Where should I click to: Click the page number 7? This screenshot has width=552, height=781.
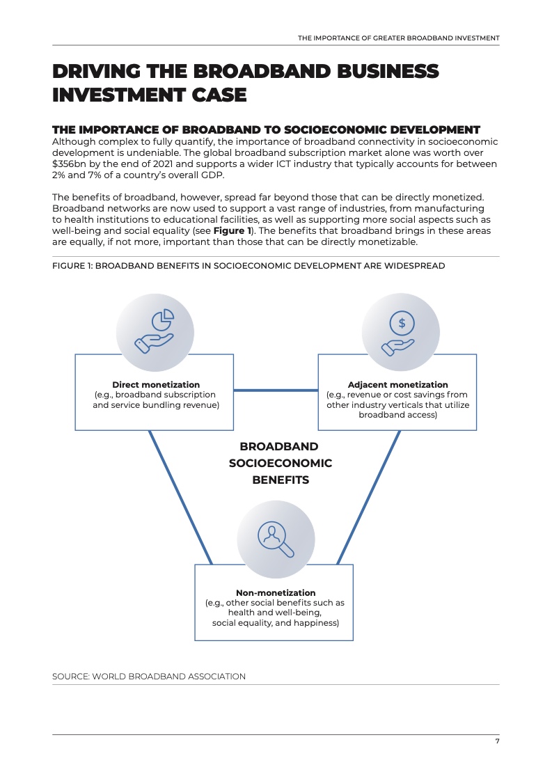pyautogui.click(x=497, y=741)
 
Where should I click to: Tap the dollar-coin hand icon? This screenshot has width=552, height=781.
pyautogui.click(x=400, y=331)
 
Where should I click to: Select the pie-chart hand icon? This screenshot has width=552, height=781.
pyautogui.click(x=155, y=331)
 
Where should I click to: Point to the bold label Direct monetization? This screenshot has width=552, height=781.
pyautogui.click(x=156, y=384)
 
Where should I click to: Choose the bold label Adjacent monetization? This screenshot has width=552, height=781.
pyautogui.click(x=397, y=384)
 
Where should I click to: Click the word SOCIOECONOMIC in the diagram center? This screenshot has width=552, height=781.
pyautogui.click(x=280, y=463)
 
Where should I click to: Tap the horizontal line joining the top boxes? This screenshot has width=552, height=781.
pyautogui.click(x=276, y=390)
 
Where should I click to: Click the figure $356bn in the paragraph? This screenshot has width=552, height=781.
pyautogui.click(x=70, y=164)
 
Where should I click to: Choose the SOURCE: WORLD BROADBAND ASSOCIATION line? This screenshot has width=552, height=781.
pyautogui.click(x=149, y=676)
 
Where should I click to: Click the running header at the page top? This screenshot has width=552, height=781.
pyautogui.click(x=398, y=38)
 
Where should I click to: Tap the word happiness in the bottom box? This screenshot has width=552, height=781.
pyautogui.click(x=315, y=623)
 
